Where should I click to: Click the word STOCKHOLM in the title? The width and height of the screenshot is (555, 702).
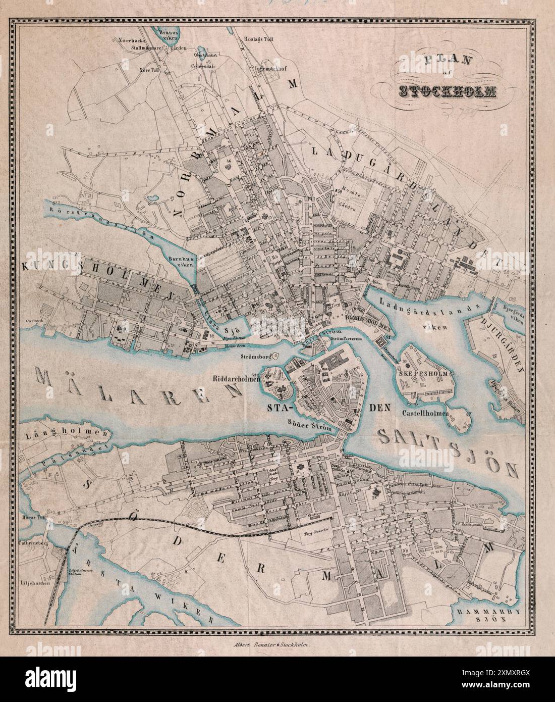447,91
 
